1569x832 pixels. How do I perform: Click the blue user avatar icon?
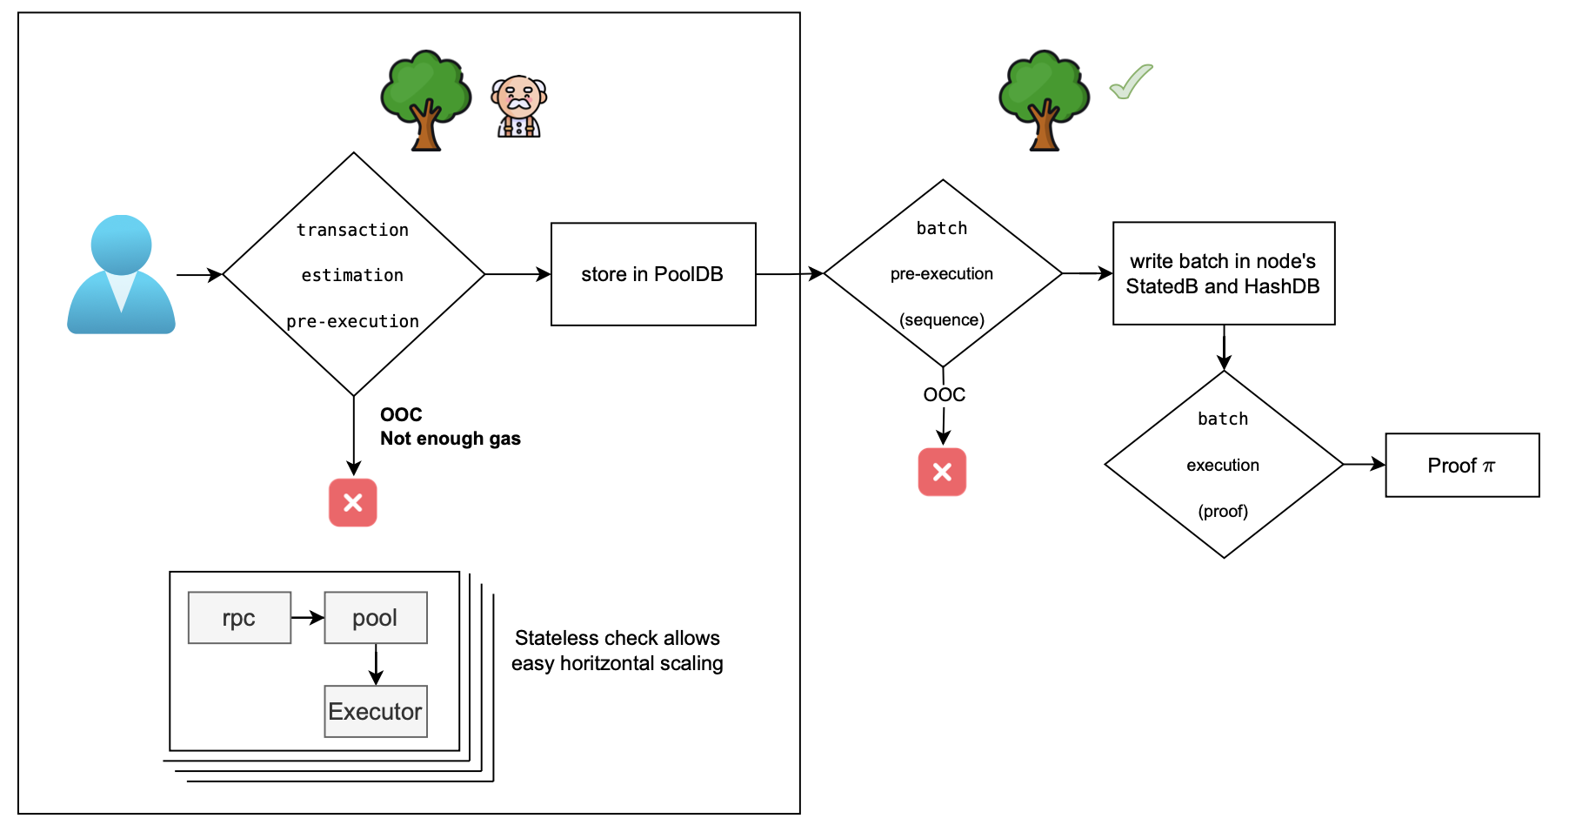(121, 275)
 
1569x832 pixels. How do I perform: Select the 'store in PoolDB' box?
(653, 274)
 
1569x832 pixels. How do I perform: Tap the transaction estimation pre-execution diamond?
(353, 274)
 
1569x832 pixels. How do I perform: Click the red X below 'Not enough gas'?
(352, 502)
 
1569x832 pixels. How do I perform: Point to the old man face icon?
(519, 106)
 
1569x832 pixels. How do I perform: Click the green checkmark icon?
(1131, 82)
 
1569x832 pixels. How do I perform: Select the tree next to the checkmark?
(1044, 100)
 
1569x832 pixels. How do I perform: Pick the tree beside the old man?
(425, 100)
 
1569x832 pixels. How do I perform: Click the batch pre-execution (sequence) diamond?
(943, 273)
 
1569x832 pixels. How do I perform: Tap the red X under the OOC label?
(942, 472)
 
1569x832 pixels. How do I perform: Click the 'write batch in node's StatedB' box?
(1223, 273)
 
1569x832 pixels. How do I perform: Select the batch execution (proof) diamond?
(1223, 465)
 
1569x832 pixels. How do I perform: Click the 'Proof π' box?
(1461, 466)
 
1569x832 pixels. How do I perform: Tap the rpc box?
(239, 618)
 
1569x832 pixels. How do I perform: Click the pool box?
(375, 618)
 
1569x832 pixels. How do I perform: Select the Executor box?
(375, 711)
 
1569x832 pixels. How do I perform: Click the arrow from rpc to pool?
(307, 618)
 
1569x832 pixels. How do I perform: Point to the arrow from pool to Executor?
(376, 664)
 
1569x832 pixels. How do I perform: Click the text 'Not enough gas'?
(450, 439)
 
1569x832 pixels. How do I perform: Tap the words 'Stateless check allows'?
(617, 638)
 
